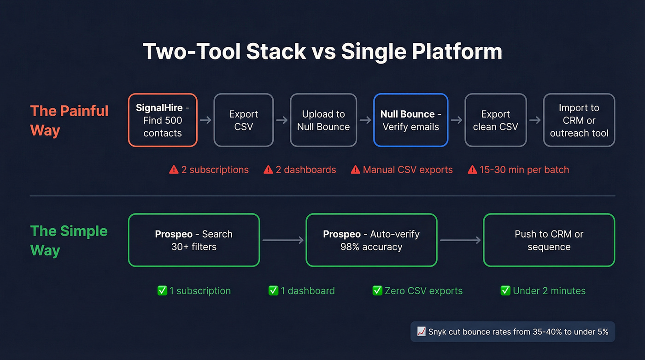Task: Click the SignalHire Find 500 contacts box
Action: coord(163,120)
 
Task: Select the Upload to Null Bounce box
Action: coord(323,120)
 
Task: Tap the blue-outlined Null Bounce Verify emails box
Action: coord(410,120)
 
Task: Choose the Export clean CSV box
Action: coord(495,120)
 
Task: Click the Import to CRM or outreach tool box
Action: coord(579,120)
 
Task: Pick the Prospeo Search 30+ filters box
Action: coord(194,240)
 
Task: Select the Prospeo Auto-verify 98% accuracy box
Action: coord(371,240)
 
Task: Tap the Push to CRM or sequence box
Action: coord(549,240)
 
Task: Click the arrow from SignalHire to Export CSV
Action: coord(205,120)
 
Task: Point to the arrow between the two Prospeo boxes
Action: coord(283,240)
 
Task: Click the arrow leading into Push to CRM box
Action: coord(460,240)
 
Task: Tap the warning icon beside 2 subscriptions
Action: coord(174,170)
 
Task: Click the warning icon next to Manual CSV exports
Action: coord(355,170)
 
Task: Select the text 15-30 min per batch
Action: coord(524,170)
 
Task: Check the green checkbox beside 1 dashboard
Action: coord(273,291)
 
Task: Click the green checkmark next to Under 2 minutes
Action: coord(505,291)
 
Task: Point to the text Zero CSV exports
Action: coord(423,291)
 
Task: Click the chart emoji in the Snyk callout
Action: coord(421,332)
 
